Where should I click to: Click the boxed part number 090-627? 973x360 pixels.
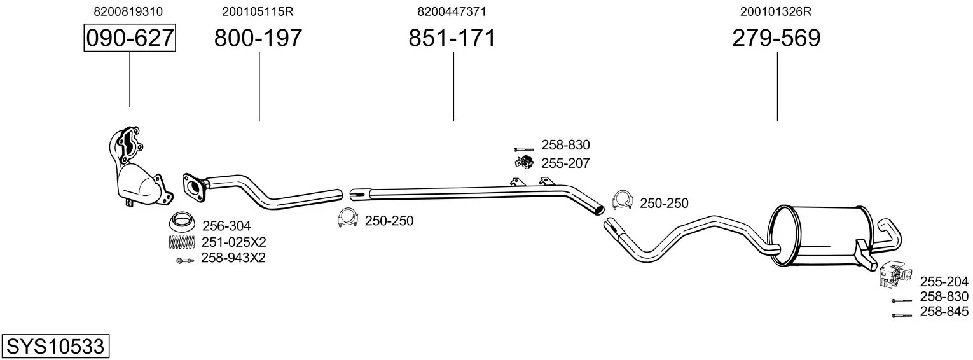130,38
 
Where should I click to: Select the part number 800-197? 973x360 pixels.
258,38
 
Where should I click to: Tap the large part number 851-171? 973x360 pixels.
452,38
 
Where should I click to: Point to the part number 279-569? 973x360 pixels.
776,38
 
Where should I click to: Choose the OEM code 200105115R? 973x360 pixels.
258,11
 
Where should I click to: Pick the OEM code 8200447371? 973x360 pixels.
452,11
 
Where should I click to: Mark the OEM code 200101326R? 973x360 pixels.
776,11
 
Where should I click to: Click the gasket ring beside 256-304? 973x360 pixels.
182,223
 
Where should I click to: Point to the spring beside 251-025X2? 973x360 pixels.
181,242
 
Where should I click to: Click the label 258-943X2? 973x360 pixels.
233,258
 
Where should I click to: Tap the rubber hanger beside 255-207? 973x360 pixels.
523,163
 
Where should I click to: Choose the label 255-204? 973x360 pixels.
944,282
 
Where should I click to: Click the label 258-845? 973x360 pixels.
944,312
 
